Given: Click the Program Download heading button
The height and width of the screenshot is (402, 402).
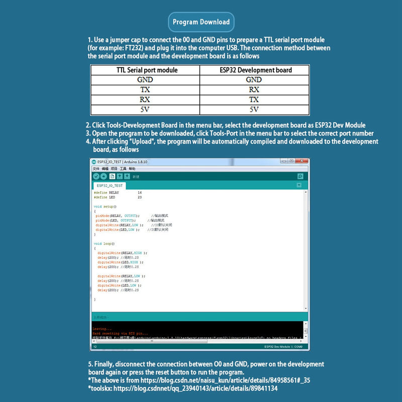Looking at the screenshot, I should click(201, 22).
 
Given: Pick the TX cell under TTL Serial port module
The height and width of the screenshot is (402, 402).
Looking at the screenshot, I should click(145, 90).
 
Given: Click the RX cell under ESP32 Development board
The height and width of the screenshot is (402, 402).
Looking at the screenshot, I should click(254, 90).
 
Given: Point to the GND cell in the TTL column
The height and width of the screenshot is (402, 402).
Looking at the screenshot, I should click(145, 80).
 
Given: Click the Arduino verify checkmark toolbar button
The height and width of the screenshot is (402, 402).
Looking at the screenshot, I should click(96, 176).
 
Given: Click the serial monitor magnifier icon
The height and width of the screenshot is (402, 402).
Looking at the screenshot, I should click(300, 176).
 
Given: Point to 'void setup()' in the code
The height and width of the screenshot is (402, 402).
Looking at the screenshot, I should click(105, 207).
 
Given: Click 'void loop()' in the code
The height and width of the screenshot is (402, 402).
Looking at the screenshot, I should click(104, 244).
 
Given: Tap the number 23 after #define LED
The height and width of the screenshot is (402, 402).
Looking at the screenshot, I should click(140, 197).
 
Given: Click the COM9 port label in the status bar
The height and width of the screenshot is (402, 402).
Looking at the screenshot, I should click(298, 347).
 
